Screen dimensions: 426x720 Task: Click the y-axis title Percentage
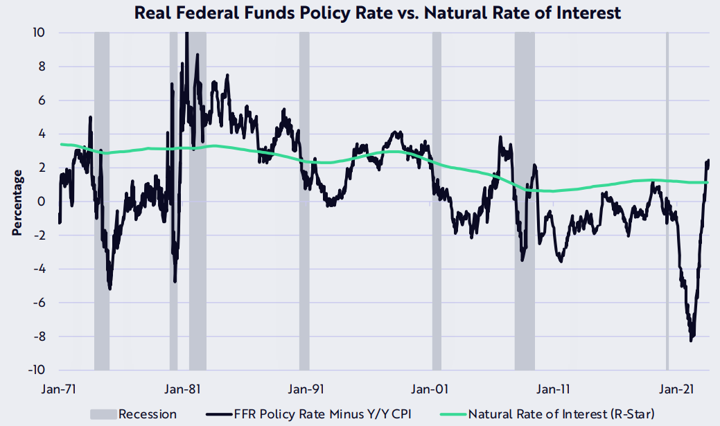[17, 206]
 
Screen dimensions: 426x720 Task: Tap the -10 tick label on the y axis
[36, 370]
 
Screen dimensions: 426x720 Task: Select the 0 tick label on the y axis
[42, 202]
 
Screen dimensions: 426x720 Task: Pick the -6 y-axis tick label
[39, 303]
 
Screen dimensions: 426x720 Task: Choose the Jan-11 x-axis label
[554, 389]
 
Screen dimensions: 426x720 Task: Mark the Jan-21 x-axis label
[676, 389]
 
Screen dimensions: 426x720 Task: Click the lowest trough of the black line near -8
[691, 340]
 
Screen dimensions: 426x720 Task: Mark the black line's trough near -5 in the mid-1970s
[110, 287]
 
